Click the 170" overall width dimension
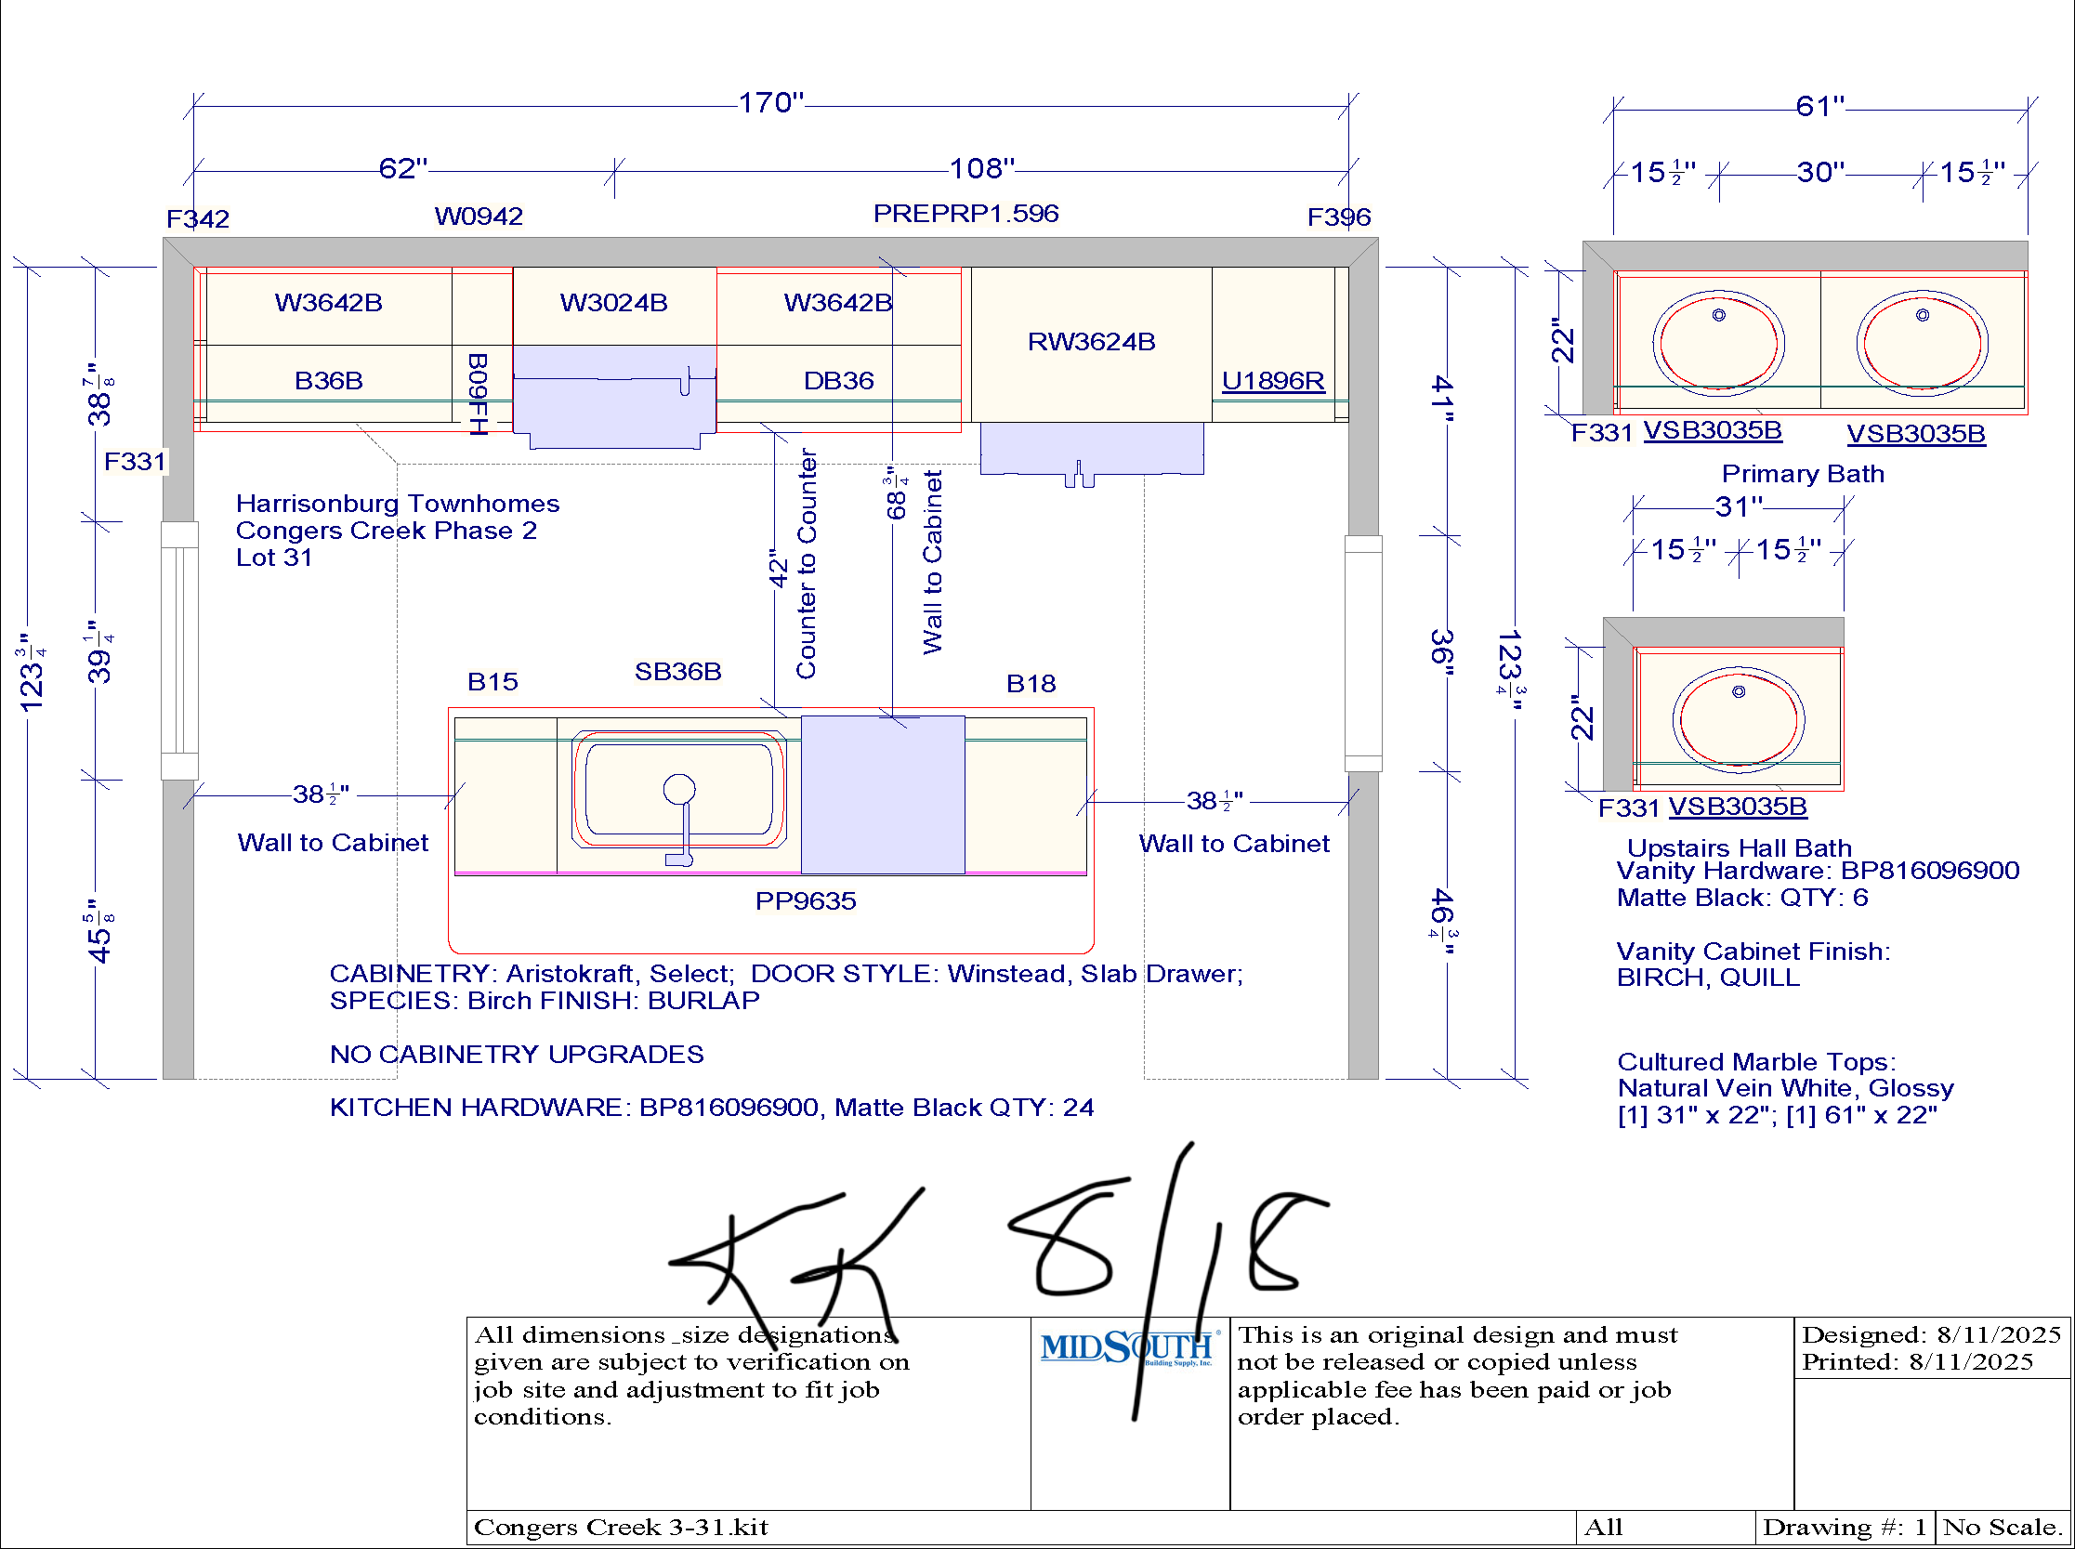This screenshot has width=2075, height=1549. pyautogui.click(x=770, y=102)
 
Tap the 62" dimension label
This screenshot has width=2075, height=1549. pyautogui.click(x=403, y=168)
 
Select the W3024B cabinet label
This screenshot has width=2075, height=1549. pyautogui.click(x=614, y=303)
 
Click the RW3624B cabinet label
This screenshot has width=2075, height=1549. pyautogui.click(x=1092, y=341)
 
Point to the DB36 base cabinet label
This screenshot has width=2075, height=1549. pyautogui.click(x=838, y=381)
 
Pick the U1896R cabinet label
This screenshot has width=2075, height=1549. pyautogui.click(x=1273, y=381)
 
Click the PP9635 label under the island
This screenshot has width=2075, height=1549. pyautogui.click(x=806, y=901)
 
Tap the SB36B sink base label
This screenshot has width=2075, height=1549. pyautogui.click(x=678, y=672)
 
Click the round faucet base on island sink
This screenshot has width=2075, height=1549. pyautogui.click(x=679, y=790)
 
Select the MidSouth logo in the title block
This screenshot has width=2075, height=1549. pyautogui.click(x=1129, y=1347)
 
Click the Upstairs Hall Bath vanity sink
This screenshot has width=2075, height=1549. pyautogui.click(x=1740, y=719)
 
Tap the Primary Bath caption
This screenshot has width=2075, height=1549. pyautogui.click(x=1803, y=474)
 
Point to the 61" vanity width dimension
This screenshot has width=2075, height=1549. pyautogui.click(x=1820, y=106)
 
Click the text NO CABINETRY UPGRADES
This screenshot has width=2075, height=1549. pyautogui.click(x=517, y=1055)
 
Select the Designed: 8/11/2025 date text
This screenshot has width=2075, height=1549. pyautogui.click(x=1932, y=1334)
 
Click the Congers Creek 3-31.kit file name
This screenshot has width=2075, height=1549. pyautogui.click(x=621, y=1528)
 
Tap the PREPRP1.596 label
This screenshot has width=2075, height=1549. pyautogui.click(x=965, y=214)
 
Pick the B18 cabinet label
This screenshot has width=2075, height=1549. pyautogui.click(x=1031, y=684)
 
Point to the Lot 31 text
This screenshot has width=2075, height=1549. pyautogui.click(x=274, y=557)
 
